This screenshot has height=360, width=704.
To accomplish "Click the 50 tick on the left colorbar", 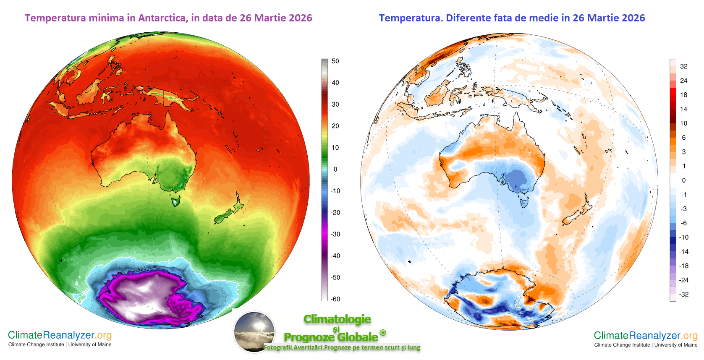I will point(335,61).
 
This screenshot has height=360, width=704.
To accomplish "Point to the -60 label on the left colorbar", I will point(335,299).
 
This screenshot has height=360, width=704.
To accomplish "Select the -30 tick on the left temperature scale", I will point(335,234).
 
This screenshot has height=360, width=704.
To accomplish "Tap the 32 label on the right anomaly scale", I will point(684,66).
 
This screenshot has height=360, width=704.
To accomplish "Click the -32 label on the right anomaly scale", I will point(684,294).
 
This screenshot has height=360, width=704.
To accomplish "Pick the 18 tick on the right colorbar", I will point(684,95).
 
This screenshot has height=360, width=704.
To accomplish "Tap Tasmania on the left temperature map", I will point(175,202).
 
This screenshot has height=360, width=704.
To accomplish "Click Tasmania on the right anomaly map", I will point(523,203).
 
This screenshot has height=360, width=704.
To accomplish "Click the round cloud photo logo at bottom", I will point(254,331).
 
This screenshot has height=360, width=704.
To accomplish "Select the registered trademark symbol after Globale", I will point(382,333).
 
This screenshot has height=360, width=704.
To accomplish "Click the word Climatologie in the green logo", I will point(337,319).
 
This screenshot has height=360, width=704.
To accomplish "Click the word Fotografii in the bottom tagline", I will point(277,347).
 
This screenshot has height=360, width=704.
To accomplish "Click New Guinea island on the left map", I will point(170,97).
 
